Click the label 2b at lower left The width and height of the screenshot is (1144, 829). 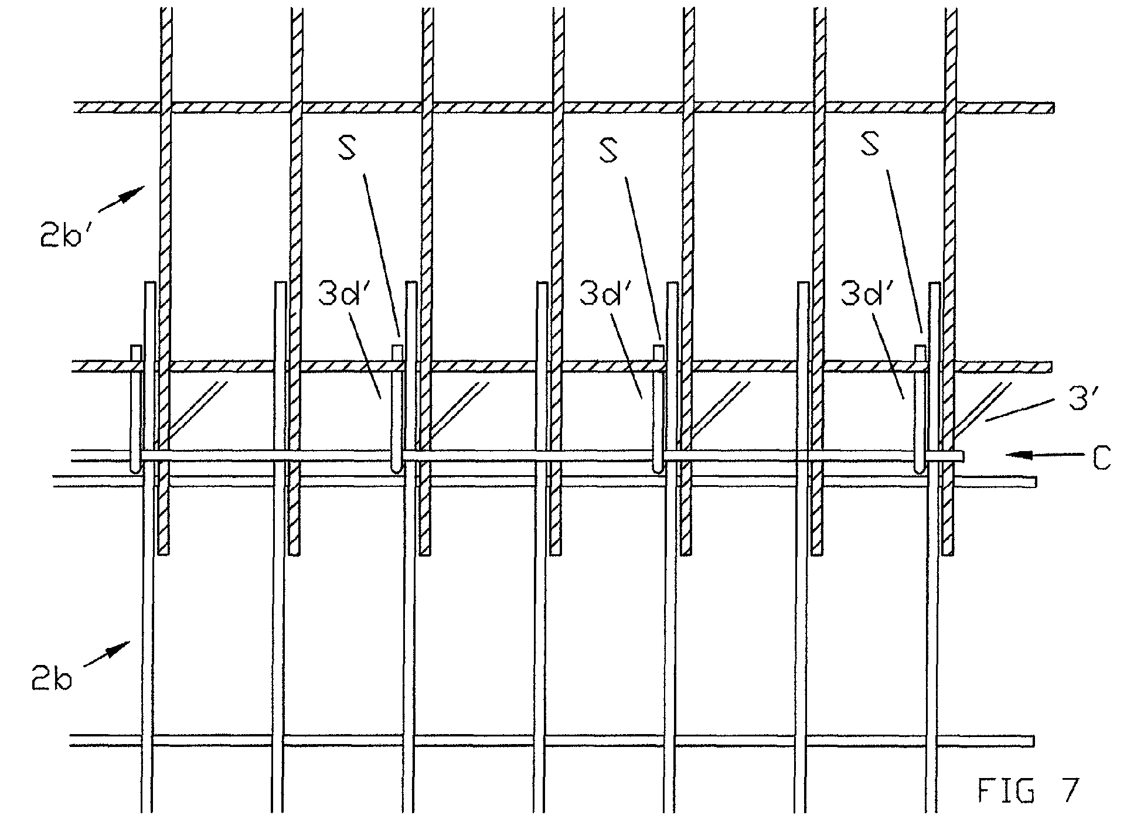(x=53, y=680)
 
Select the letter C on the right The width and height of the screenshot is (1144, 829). (x=1101, y=459)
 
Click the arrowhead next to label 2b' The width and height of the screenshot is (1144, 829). (x=137, y=192)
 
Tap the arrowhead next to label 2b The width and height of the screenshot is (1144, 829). (x=122, y=648)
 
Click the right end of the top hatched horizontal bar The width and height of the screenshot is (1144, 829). (x=1053, y=108)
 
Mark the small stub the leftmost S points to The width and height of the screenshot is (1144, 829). (x=397, y=353)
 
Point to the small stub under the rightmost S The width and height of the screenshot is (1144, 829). (x=920, y=353)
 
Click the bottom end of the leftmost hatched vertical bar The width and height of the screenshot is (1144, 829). (x=164, y=554)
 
